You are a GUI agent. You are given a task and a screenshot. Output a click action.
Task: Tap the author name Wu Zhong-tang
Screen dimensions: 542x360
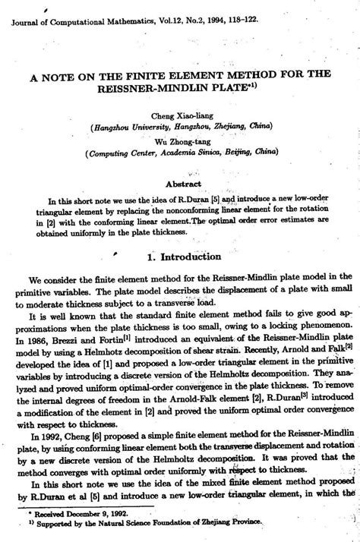[180, 139]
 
